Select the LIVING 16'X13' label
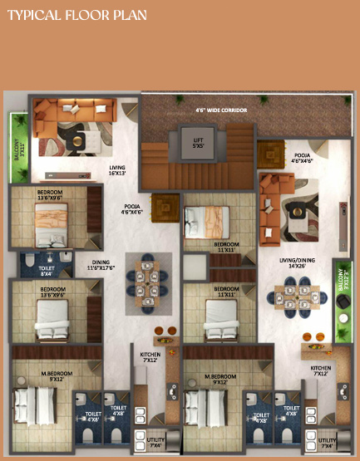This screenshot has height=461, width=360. [x=116, y=170]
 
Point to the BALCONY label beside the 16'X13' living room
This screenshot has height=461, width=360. [x=17, y=151]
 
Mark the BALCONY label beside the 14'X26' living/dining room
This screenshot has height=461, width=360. [x=341, y=295]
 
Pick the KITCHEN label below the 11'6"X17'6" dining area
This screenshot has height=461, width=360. [x=150, y=356]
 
